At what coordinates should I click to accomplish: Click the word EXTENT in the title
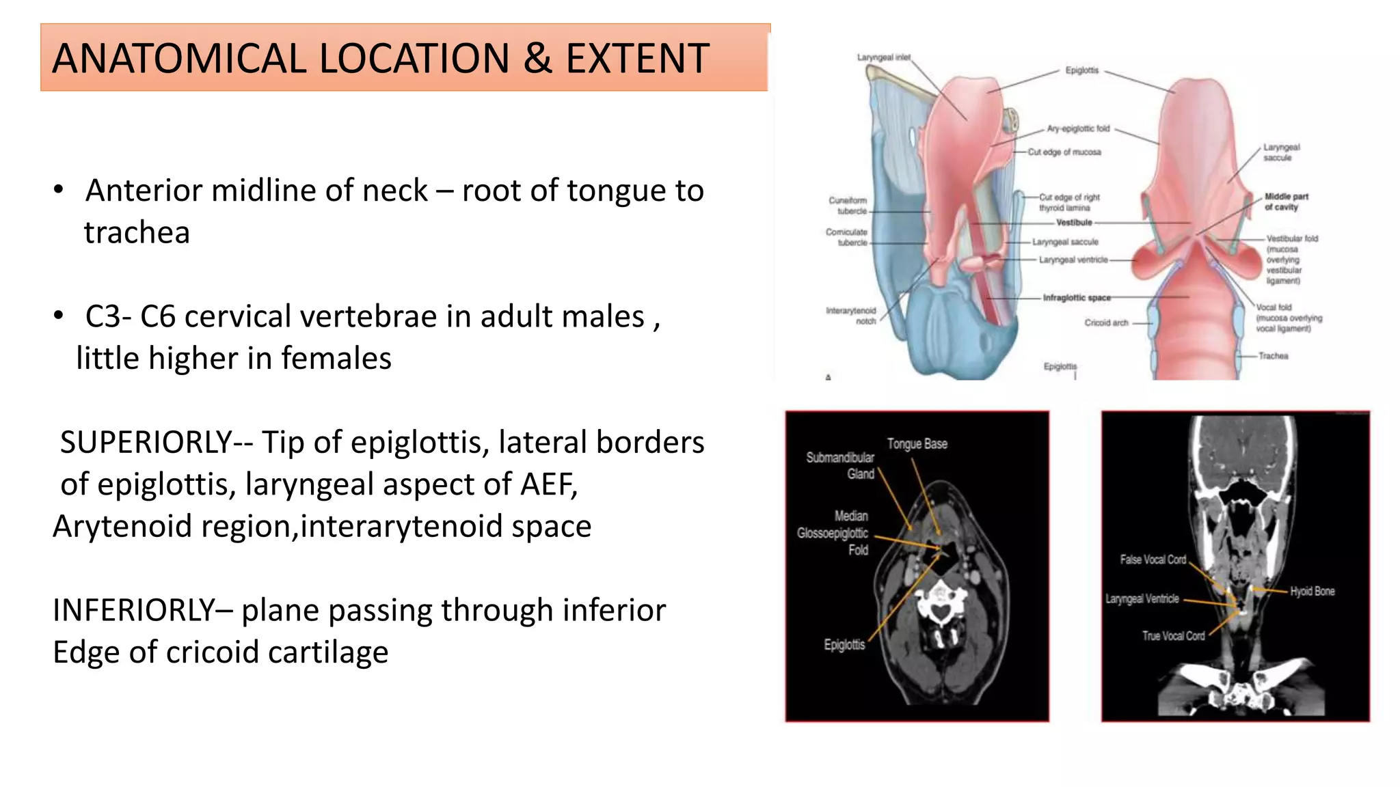[637, 59]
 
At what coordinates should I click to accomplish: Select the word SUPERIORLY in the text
[146, 443]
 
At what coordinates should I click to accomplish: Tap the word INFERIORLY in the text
[134, 611]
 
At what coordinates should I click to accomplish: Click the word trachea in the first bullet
[137, 233]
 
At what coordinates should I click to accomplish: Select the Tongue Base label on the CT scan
[917, 444]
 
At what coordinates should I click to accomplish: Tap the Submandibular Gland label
[841, 466]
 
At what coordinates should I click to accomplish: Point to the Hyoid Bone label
[1312, 592]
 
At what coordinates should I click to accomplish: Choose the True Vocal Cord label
[1173, 636]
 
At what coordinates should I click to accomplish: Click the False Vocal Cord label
[1153, 560]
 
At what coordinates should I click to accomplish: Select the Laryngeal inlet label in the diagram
[883, 57]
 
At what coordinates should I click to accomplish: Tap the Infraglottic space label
[1076, 298]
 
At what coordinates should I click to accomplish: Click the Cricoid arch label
[1106, 322]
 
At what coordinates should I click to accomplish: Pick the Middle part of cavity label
[1286, 202]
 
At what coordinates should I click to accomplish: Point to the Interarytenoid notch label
[851, 316]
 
